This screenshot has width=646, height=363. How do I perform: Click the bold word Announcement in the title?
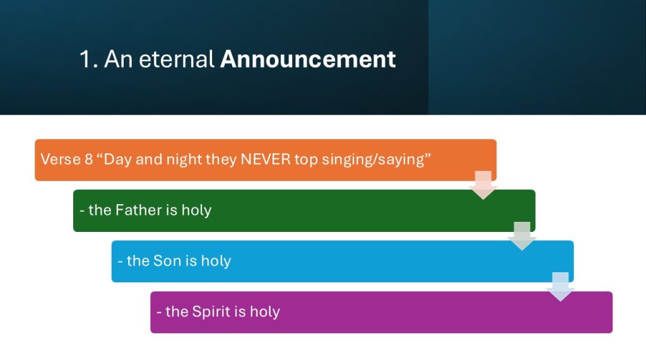click(308, 60)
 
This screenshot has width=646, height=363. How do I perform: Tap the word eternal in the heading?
click(177, 59)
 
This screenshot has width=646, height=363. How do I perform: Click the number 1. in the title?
click(88, 59)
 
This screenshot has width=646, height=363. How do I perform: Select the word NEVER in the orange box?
click(266, 159)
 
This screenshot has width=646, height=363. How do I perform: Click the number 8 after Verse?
click(88, 159)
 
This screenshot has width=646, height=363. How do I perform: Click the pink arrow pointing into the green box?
click(483, 185)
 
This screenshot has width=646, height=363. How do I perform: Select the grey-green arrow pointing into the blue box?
click(522, 236)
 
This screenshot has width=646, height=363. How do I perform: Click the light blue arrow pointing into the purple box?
click(560, 287)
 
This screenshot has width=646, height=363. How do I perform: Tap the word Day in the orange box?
click(117, 160)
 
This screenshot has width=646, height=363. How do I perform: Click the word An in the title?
click(119, 59)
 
